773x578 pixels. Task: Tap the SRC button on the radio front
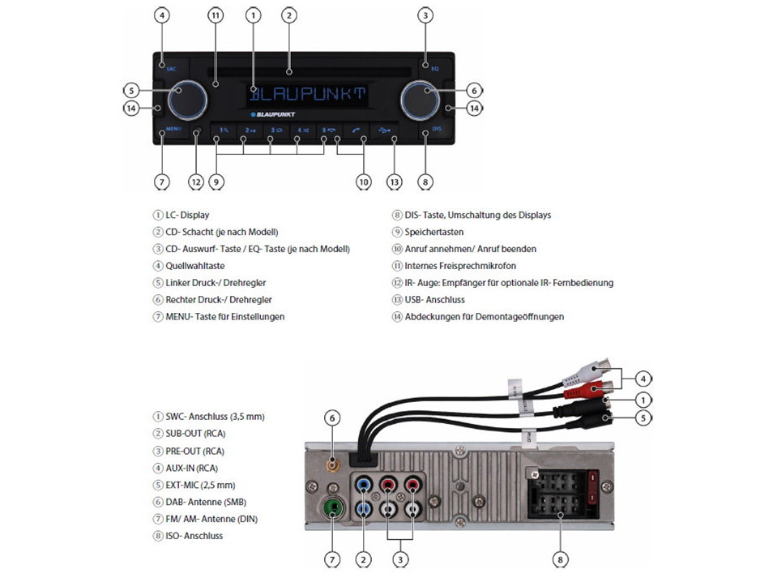click(171, 69)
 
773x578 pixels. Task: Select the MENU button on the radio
click(173, 129)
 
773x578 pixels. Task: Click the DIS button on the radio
click(437, 129)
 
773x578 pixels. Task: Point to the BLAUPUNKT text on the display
click(308, 94)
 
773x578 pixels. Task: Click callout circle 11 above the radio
click(216, 15)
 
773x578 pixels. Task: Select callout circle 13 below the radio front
click(395, 182)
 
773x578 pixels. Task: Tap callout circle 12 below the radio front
click(195, 182)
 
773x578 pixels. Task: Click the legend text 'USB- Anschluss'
click(434, 300)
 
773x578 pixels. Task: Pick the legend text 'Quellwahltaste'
click(194, 266)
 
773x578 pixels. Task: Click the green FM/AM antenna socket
click(331, 510)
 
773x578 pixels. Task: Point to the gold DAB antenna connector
click(331, 466)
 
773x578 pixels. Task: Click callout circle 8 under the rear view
click(561, 559)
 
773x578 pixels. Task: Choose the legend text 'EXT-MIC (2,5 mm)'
click(201, 485)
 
